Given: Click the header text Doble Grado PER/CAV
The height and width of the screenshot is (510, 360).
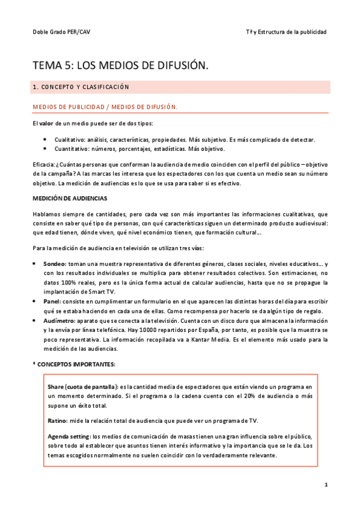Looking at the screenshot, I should pos(54,32).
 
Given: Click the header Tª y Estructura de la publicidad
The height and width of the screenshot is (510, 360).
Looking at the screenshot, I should pos(287,32).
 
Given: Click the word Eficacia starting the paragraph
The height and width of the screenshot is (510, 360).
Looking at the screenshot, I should pos(43,164).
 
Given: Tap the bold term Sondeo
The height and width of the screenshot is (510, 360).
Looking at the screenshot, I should pos(55,264).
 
